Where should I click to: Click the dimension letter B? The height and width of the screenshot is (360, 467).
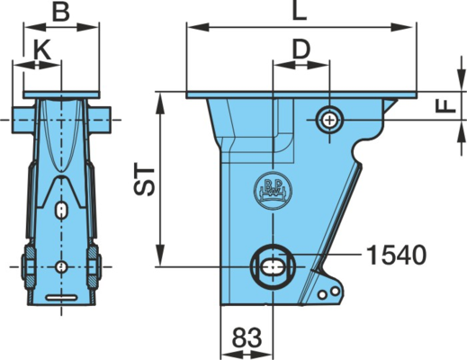[61, 13]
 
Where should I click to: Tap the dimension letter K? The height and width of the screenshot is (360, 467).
[41, 49]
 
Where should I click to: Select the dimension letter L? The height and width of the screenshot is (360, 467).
[300, 11]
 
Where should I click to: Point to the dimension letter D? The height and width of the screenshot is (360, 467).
[301, 49]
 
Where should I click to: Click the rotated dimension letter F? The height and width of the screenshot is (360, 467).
[445, 106]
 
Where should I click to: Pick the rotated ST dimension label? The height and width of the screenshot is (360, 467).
[144, 179]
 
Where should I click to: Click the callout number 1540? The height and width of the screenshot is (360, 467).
[396, 255]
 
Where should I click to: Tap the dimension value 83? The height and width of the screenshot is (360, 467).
[247, 337]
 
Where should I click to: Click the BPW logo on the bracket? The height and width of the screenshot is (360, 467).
[273, 191]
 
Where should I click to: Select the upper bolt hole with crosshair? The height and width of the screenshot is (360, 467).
[329, 121]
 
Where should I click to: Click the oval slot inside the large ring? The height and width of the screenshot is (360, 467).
[273, 266]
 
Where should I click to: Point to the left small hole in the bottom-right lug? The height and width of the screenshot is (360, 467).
[322, 295]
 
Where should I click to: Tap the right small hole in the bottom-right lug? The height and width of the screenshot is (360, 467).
[335, 291]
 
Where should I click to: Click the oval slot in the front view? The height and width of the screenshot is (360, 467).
[61, 210]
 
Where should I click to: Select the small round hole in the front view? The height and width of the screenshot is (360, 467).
[61, 266]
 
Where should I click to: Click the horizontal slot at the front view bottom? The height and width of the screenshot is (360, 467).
[61, 298]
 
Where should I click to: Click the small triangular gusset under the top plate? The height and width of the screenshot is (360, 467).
[390, 105]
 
